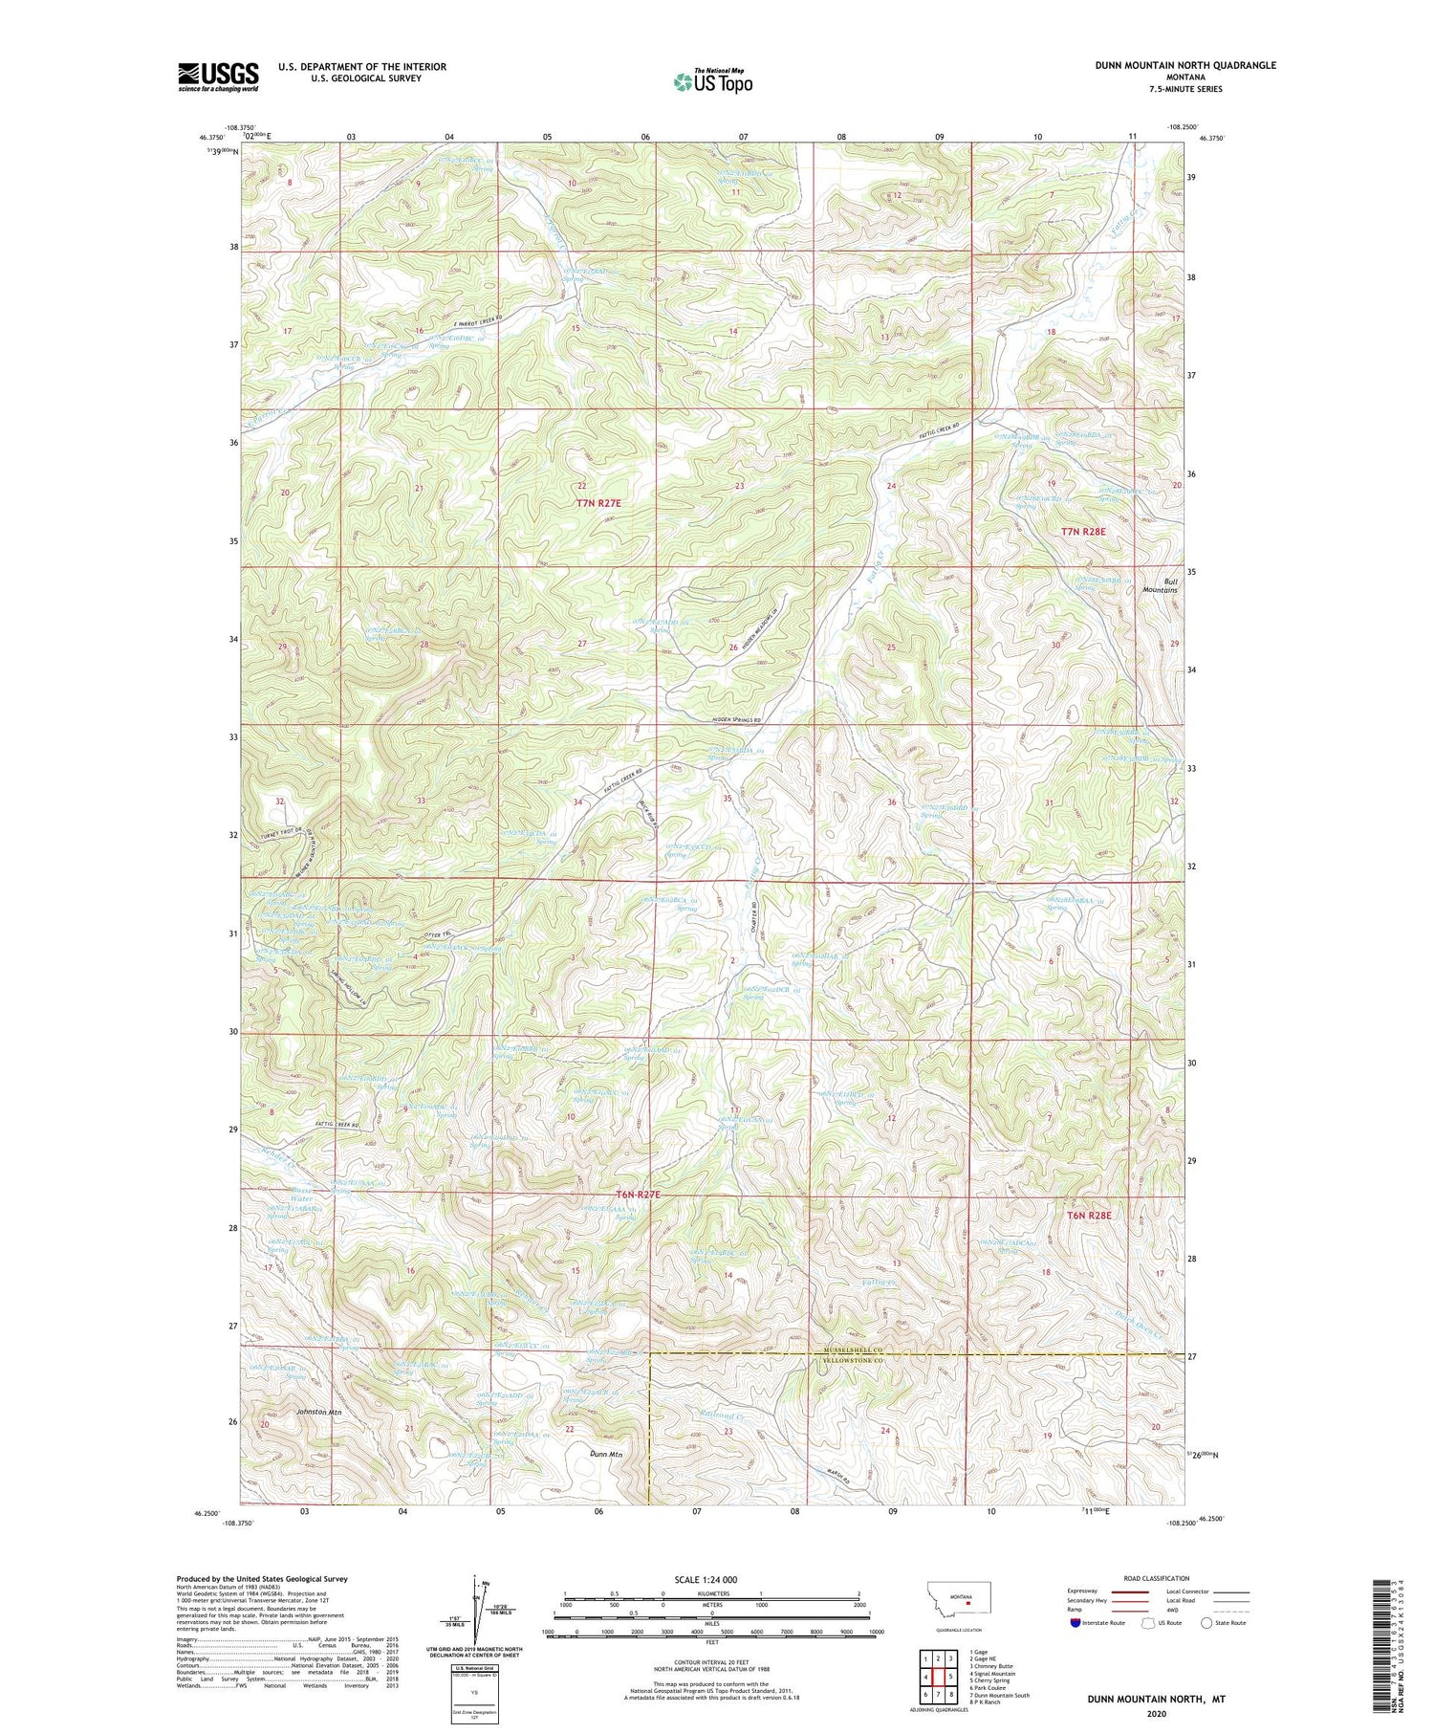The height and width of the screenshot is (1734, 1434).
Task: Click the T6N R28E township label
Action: (x=1091, y=1215)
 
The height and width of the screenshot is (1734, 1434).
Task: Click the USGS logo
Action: (x=218, y=77)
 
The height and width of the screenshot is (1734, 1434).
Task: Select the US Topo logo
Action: (x=712, y=81)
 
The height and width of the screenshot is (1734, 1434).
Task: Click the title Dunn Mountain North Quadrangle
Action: (x=1185, y=65)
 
